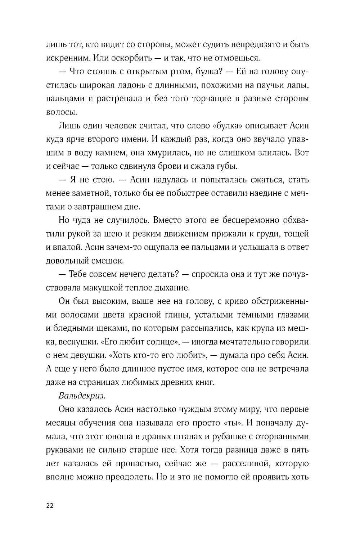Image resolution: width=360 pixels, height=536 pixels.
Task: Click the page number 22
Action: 50,506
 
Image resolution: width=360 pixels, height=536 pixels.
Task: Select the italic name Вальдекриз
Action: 81,396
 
